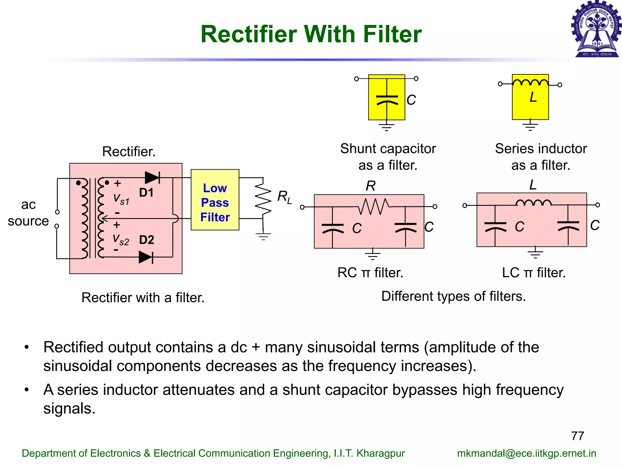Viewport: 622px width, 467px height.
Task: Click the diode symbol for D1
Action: pyautogui.click(x=152, y=178)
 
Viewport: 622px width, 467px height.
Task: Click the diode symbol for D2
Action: pyautogui.click(x=146, y=257)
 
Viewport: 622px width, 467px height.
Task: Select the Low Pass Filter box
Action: pyautogui.click(x=215, y=200)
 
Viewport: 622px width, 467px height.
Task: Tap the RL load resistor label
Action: pyautogui.click(x=284, y=197)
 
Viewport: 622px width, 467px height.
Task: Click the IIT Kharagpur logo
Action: pyautogui.click(x=596, y=29)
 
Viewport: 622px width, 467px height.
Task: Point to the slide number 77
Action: pyautogui.click(x=577, y=436)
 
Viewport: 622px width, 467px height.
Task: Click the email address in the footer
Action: pyautogui.click(x=526, y=453)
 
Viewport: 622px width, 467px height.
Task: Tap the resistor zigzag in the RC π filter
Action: pyautogui.click(x=373, y=206)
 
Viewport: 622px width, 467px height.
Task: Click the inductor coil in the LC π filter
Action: pyautogui.click(x=534, y=203)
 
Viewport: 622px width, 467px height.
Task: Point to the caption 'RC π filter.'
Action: pyautogui.click(x=370, y=273)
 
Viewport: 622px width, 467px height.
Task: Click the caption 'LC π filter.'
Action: pyautogui.click(x=534, y=273)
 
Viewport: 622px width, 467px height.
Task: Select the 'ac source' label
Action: pyautogui.click(x=28, y=213)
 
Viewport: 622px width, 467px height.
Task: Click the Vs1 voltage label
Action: pyautogui.click(x=121, y=199)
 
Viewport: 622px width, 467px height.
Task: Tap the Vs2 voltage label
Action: pyautogui.click(x=121, y=240)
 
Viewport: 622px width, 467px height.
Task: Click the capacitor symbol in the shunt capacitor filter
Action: pyautogui.click(x=387, y=100)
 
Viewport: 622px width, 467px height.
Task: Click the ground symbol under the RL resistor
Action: pyautogui.click(x=263, y=236)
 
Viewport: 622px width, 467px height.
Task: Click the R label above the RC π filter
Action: pyautogui.click(x=371, y=186)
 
